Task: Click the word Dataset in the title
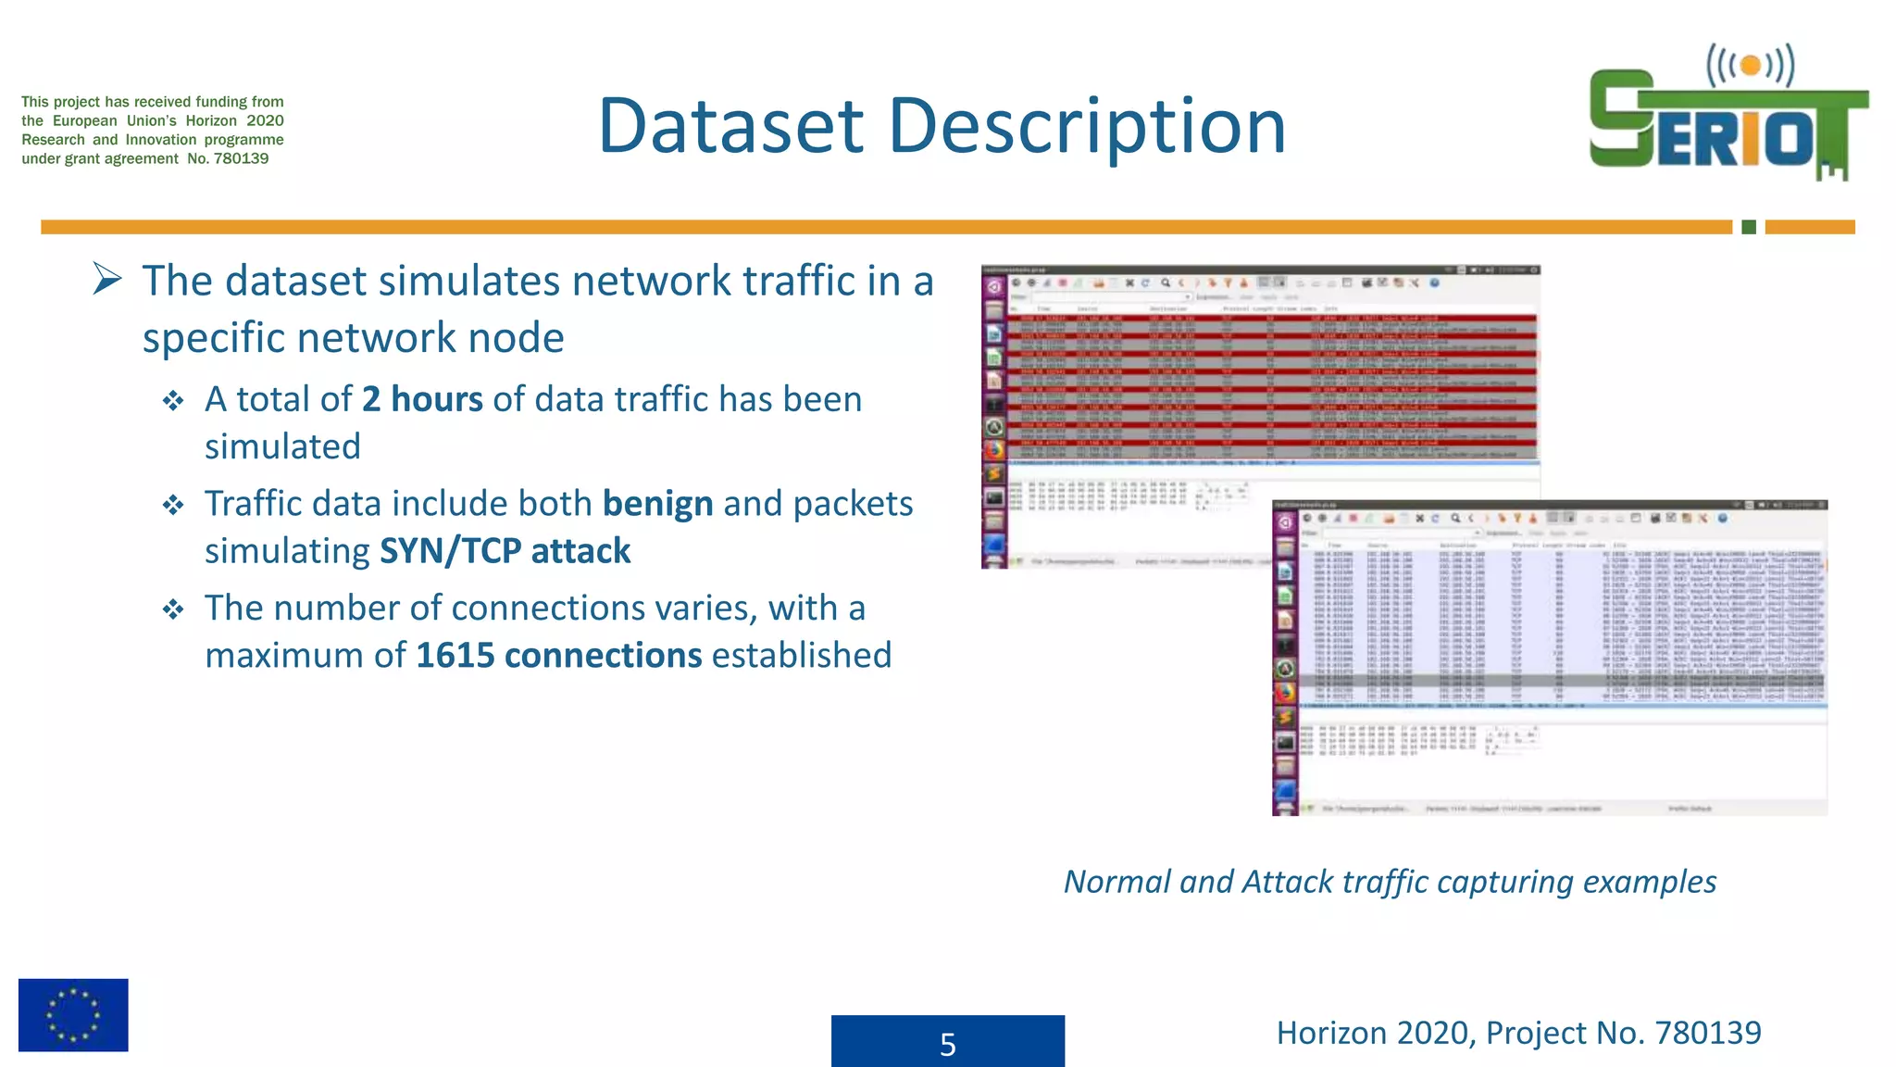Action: (x=731, y=126)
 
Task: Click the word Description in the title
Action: (x=1087, y=126)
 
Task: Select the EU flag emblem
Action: (x=73, y=1014)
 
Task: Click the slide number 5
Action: (x=947, y=1044)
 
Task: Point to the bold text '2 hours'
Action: (x=422, y=399)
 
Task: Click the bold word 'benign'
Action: (x=657, y=504)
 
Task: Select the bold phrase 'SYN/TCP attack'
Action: (x=505, y=551)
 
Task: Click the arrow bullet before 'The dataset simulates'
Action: (x=107, y=279)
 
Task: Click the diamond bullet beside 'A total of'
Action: (x=173, y=401)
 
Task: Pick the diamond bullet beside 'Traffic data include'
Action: (x=173, y=506)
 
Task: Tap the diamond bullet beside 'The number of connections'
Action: (x=173, y=609)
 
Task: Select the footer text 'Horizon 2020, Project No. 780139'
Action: (x=1518, y=1032)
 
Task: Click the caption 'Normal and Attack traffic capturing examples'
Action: (x=1390, y=881)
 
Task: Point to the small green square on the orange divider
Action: (x=1748, y=227)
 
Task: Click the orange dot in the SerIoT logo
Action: (x=1750, y=66)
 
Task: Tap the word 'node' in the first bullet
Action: (x=516, y=338)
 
